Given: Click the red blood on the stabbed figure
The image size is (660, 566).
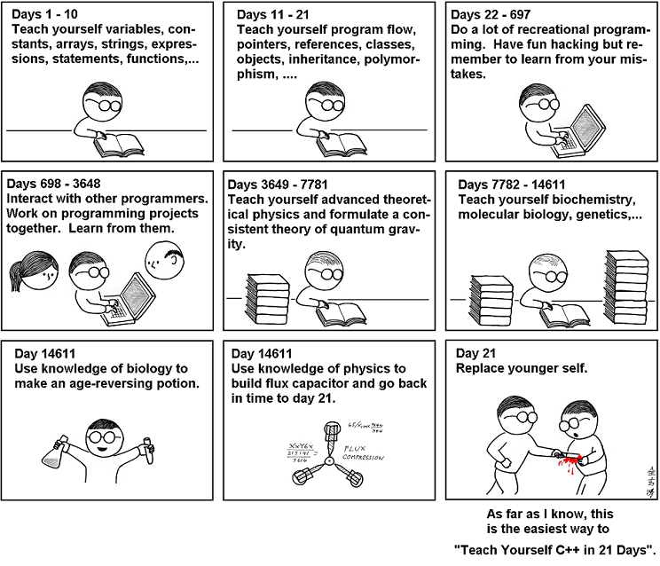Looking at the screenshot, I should pos(569,458).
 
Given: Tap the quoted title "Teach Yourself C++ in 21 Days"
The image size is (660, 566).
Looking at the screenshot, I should pos(555,550).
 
